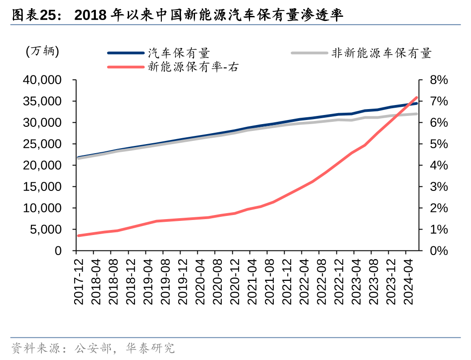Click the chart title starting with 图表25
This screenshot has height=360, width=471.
177,15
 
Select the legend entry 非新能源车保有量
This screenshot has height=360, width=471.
381,53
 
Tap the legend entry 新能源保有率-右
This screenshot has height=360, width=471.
193,67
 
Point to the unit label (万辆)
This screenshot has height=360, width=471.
43,51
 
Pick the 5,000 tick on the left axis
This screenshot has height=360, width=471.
45,230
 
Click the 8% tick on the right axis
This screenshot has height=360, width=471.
439,80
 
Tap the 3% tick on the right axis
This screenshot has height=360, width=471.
439,187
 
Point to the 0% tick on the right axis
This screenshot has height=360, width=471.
439,251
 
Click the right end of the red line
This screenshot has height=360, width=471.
416,97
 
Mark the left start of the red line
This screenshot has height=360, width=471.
79,235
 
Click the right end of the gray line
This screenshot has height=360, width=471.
416,114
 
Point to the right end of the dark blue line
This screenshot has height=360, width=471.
416,103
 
